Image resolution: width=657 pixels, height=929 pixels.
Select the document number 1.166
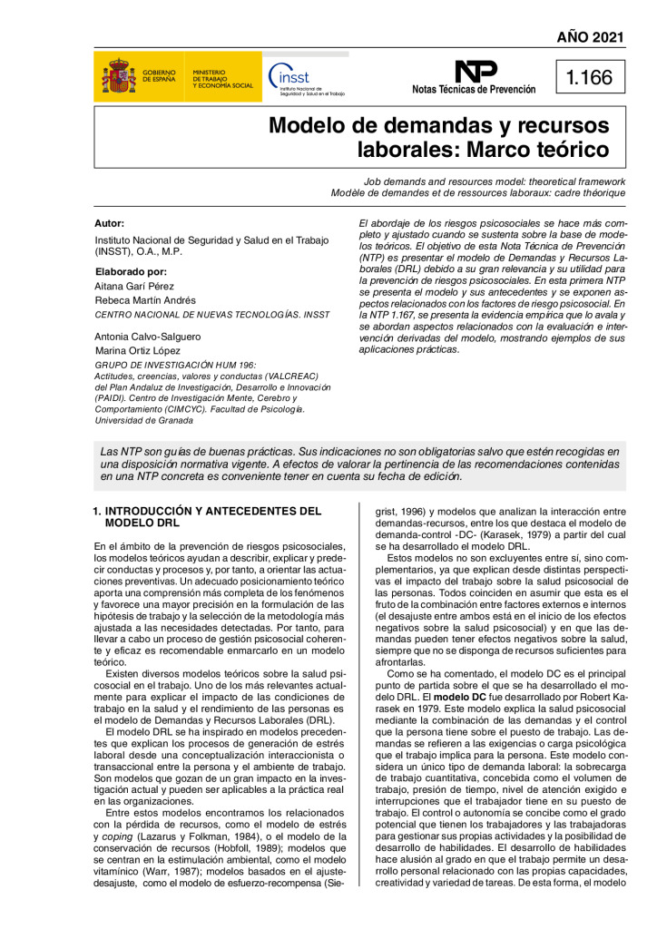point(589,78)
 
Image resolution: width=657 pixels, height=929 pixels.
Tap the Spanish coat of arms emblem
point(119,77)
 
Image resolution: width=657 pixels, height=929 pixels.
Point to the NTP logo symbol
point(475,72)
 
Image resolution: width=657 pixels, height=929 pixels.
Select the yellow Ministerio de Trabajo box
point(222,77)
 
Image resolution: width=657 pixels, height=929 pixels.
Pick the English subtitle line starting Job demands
point(495,181)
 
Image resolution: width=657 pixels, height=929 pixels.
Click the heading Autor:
point(109,223)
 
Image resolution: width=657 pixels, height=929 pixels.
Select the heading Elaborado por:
point(130,270)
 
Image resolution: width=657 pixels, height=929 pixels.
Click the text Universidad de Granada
point(139,420)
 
